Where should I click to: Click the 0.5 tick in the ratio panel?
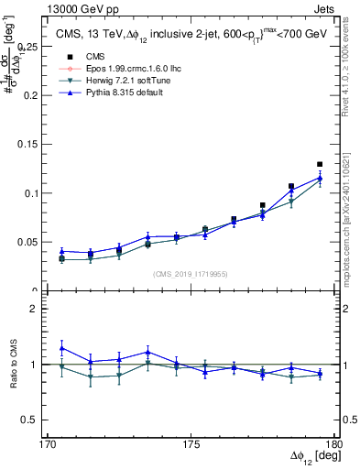[x=37, y=420]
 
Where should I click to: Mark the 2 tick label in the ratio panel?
[x=41, y=309]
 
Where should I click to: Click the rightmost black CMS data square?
[x=320, y=164]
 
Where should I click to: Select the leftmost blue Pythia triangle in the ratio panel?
[x=61, y=348]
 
